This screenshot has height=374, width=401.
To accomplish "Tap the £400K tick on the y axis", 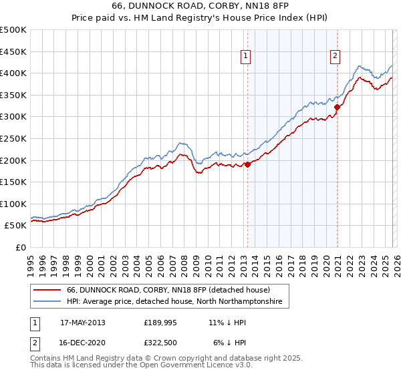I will (13, 73).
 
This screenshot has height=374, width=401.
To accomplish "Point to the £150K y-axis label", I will (13, 182).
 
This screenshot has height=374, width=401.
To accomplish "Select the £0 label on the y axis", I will (20, 247).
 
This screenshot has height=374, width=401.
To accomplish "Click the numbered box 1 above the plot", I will (247, 57).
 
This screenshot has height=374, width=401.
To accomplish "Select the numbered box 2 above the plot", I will (335, 57).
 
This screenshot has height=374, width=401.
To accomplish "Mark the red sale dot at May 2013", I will (247, 164).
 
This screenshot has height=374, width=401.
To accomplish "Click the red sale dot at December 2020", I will (337, 107).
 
